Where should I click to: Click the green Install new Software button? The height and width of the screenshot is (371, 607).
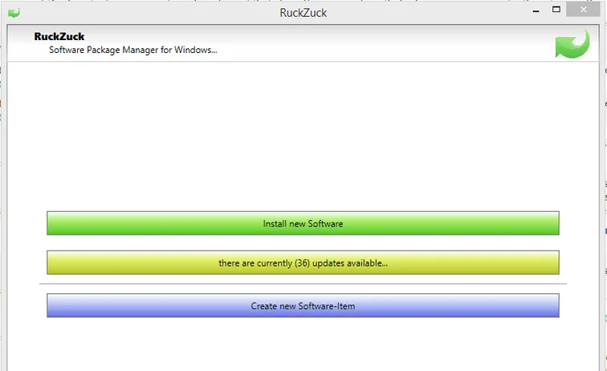tap(303, 223)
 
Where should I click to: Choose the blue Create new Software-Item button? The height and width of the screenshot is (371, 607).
tap(303, 305)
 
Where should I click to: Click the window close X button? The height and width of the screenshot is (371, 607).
tap(584, 10)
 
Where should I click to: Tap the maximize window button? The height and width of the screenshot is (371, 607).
tap(556, 10)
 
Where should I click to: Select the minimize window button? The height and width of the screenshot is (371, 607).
tap(536, 11)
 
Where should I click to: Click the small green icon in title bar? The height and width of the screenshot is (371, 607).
tap(14, 13)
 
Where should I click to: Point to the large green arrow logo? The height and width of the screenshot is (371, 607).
tap(572, 44)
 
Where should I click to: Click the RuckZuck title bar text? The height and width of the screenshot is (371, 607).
tap(303, 13)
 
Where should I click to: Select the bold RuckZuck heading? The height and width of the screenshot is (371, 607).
tap(59, 36)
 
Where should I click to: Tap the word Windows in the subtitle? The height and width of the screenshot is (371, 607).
tap(193, 50)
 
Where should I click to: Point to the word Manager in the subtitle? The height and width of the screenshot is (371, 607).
tap(141, 50)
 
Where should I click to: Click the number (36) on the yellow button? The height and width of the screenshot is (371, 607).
tap(302, 263)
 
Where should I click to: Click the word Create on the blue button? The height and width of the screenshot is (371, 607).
tap(264, 306)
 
